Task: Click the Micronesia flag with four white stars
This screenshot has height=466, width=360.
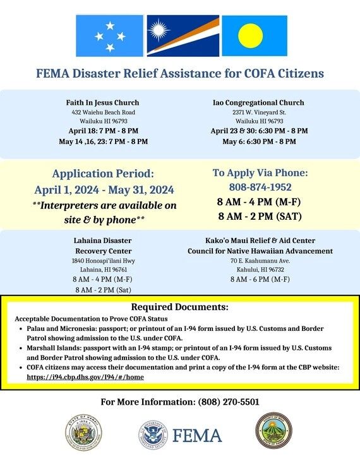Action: (x=109, y=36)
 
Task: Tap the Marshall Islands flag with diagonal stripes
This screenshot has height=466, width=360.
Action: (x=183, y=36)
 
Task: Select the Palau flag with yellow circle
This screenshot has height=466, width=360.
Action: (x=255, y=36)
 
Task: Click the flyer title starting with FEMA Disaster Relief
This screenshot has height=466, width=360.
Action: (x=180, y=74)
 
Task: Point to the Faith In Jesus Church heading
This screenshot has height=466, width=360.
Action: (x=102, y=102)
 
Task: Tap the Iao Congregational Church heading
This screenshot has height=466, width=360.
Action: (x=259, y=102)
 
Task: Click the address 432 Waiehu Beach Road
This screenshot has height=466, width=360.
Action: (x=102, y=112)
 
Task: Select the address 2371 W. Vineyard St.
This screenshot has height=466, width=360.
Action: (x=259, y=112)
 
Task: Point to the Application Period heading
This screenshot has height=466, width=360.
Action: (x=103, y=173)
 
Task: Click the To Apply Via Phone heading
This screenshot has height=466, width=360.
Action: (x=260, y=172)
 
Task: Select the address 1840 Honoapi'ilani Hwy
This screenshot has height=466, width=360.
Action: (x=102, y=261)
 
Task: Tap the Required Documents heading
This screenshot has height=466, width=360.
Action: (x=180, y=308)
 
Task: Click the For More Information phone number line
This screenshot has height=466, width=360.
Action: (x=180, y=402)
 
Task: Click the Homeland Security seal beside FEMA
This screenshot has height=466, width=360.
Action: (x=152, y=434)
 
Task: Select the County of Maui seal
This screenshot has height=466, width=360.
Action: (x=273, y=431)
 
